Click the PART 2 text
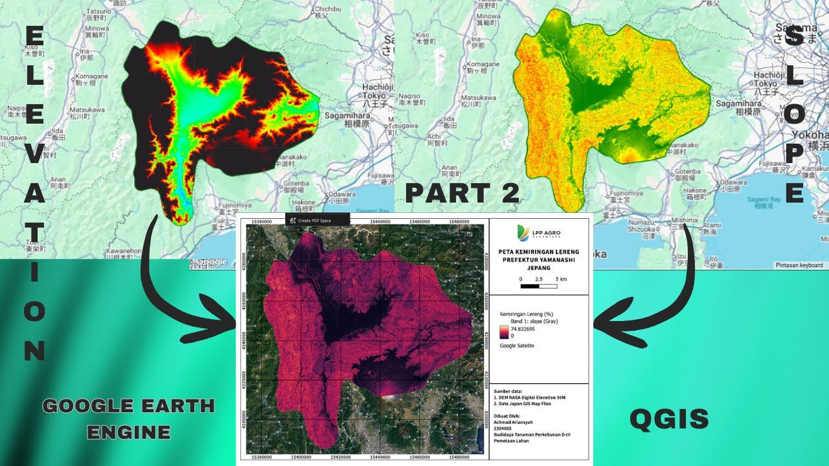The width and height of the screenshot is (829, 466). click(462, 193)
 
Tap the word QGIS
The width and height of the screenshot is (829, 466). click(669, 420)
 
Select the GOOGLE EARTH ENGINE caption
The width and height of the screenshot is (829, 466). click(128, 418)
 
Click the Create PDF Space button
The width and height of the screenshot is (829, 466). click(317, 220)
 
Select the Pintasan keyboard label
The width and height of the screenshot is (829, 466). click(799, 265)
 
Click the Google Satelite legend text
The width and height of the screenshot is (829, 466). click(517, 346)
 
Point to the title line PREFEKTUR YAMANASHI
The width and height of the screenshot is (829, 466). click(539, 260)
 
